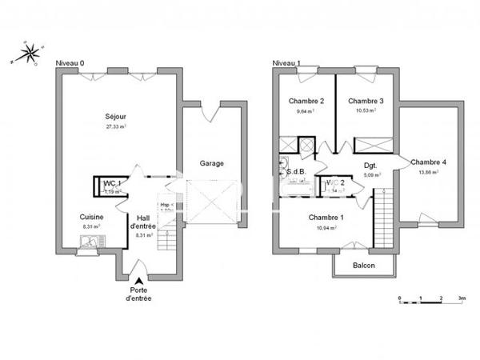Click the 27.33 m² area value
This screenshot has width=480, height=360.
tap(117, 126)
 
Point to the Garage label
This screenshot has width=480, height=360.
tap(212, 163)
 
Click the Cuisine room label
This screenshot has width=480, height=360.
tap(90, 217)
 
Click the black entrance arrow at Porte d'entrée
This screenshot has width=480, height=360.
tap(139, 280)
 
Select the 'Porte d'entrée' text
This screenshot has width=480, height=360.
tap(138, 294)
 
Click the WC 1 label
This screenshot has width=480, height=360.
tap(112, 183)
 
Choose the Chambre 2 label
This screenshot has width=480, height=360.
tap(306, 101)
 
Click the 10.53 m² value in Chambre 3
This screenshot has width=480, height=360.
tap(366, 110)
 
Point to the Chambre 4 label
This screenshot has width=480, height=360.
tap(429, 162)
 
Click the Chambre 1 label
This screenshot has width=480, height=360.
tap(326, 218)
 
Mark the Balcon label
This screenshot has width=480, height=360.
tap(364, 266)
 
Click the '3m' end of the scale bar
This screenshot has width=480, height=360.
tap(462, 297)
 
